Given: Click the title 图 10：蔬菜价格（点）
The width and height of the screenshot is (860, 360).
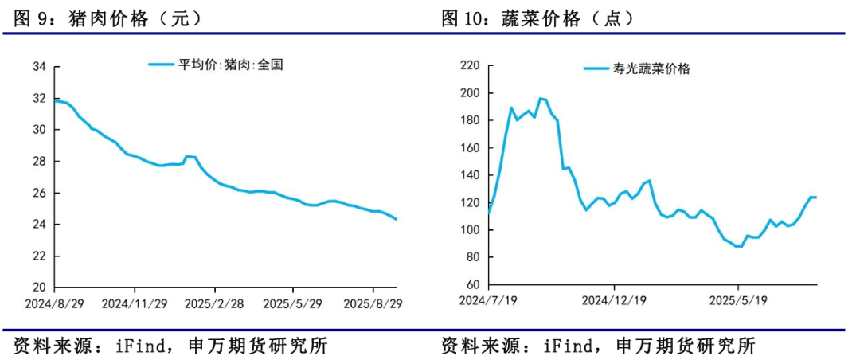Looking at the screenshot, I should point(533,18).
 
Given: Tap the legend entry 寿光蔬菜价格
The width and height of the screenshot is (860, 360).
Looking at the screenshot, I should point(636,68).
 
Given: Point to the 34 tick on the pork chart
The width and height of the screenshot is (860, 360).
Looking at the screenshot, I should point(39,67).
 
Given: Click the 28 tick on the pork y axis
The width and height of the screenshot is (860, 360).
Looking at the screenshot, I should point(39,162).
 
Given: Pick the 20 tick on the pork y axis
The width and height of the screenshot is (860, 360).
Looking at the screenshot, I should point(39,288).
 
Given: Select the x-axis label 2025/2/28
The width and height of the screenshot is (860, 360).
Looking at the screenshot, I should point(213,303).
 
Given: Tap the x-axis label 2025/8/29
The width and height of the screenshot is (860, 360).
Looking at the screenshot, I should point(373,303).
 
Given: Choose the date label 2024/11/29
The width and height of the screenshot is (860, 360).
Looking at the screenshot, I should point(134,303).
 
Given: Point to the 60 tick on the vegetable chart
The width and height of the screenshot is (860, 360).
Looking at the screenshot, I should point(474,284).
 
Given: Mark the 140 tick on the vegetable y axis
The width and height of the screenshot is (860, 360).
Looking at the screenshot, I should point(471,175).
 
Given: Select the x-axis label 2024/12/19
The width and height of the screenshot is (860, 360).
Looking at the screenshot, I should point(613,300).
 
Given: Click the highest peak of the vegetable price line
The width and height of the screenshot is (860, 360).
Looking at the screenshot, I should point(540,98).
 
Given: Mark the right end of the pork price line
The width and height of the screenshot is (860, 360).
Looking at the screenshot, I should point(397,220).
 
